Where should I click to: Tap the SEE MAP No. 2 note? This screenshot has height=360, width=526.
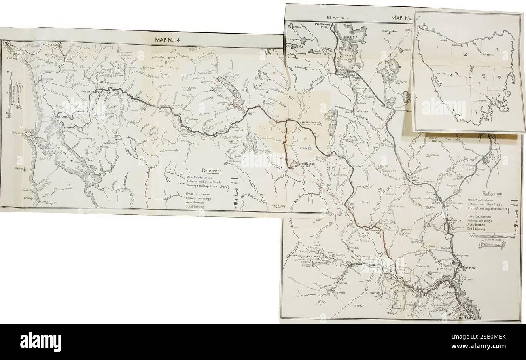coord(337,18)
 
